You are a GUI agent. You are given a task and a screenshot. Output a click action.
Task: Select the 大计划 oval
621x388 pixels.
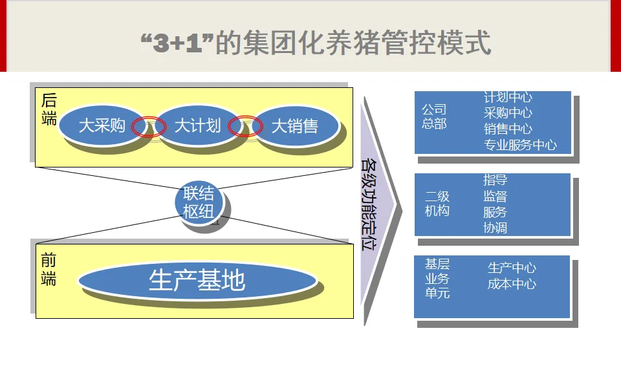point(197,125)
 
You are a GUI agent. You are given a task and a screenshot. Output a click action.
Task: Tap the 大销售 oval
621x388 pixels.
point(294,125)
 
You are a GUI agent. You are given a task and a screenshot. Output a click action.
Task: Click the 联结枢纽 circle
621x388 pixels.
point(199,202)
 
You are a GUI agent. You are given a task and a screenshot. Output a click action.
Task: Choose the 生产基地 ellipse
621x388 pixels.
point(197,281)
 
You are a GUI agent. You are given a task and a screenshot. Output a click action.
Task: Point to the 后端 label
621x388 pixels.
point(49,109)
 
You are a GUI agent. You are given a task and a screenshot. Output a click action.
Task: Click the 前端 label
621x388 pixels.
point(49,270)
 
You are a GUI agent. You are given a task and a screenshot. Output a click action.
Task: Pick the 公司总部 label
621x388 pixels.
point(434,116)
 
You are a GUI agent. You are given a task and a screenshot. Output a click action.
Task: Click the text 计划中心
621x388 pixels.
point(508,97)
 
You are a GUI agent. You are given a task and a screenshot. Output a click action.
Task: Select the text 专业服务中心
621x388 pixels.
point(520,145)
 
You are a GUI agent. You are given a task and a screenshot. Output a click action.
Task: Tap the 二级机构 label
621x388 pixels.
point(437,204)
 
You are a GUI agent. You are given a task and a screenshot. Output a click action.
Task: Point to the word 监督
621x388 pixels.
point(495,196)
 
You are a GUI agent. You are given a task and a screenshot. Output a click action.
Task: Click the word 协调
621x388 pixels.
point(495,228)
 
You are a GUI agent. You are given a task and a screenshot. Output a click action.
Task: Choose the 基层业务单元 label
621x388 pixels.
point(437,279)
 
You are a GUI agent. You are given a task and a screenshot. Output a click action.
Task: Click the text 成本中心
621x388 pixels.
point(512,284)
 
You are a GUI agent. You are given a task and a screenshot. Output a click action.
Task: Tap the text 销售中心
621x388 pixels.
point(508,129)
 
